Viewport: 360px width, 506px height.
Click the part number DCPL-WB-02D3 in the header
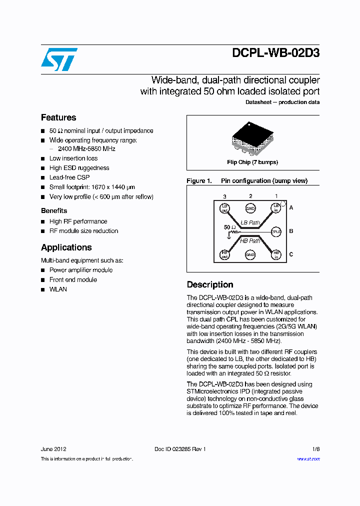coord(275,53)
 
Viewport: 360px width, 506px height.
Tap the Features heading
coord(58,117)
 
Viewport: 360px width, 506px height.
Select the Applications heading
coord(66,247)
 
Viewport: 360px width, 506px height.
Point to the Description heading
coord(210,284)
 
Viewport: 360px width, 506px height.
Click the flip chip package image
coord(252,135)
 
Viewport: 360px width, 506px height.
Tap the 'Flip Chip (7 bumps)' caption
coord(252,162)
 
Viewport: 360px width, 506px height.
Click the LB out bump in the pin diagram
coord(224,208)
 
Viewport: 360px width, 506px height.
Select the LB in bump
coord(276,208)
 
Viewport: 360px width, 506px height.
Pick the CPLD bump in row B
coord(276,231)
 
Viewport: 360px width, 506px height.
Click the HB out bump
coord(224,254)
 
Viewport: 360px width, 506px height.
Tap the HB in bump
coord(276,254)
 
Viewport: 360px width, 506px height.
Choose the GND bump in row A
coord(250,208)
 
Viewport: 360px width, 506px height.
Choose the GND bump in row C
coord(250,254)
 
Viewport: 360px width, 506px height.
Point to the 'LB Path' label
coord(250,222)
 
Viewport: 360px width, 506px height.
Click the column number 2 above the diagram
coord(250,196)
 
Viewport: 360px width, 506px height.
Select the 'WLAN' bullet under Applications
coord(58,289)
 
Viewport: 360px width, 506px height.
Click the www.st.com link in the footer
coord(308,459)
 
